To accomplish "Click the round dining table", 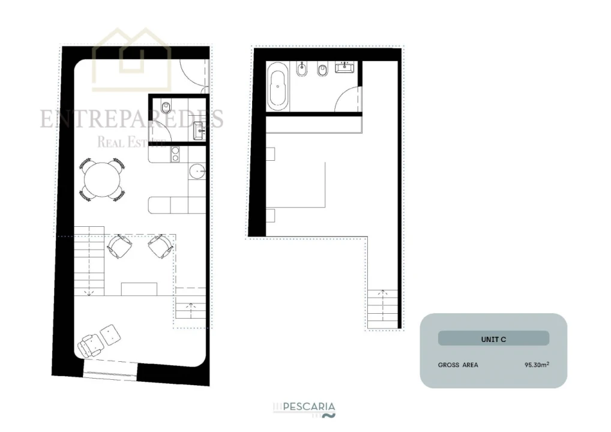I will [x=103, y=179].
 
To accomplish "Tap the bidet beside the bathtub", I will [x=302, y=73].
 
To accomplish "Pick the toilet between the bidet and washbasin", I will [x=322, y=72].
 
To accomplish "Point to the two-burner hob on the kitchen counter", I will [x=176, y=155].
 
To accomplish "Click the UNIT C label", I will [x=493, y=339].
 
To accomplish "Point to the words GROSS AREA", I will [x=458, y=365].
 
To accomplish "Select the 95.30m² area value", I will [x=537, y=364].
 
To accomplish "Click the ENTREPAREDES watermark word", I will [x=132, y=119].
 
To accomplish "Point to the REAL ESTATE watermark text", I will [x=131, y=142].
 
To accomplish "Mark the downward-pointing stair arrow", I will [x=90, y=293].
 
